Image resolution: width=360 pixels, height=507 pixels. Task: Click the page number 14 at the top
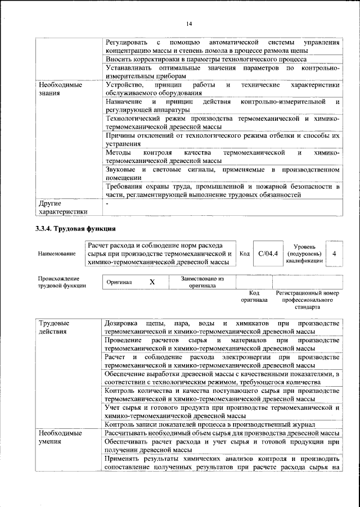(189, 23)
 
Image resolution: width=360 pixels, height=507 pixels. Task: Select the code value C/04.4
(268, 254)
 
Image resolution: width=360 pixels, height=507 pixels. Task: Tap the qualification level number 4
(334, 254)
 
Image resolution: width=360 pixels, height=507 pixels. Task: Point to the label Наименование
(57, 254)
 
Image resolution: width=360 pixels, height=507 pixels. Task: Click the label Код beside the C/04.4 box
(244, 254)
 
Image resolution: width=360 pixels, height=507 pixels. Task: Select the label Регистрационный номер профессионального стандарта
(307, 300)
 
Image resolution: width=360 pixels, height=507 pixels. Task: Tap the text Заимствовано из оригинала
(202, 282)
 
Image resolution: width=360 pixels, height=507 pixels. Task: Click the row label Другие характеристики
(62, 207)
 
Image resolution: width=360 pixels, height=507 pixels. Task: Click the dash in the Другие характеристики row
(107, 203)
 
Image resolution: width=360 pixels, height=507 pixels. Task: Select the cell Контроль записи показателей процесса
(210, 424)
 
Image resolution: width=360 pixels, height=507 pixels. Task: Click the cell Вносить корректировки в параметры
(206, 58)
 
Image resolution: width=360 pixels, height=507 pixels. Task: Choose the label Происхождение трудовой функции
(62, 282)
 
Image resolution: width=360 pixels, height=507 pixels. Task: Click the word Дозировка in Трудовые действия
(122, 323)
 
